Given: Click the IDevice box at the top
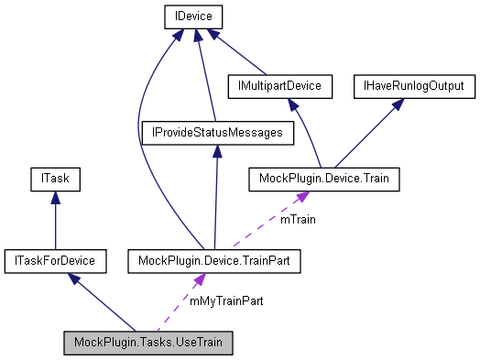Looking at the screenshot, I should point(193,16).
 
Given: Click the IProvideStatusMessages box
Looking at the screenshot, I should point(216,133).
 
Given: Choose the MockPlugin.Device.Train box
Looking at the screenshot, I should point(324,179).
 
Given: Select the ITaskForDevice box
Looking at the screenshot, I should point(54,262).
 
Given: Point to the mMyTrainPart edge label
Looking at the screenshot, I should point(225,300).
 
